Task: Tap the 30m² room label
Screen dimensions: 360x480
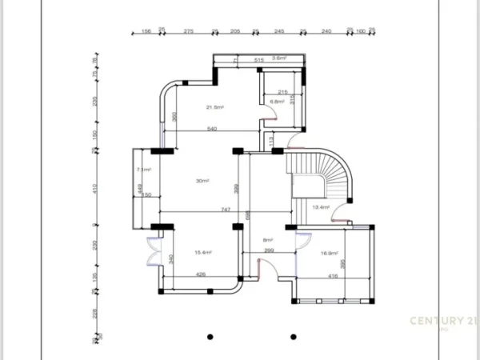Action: point(202,182)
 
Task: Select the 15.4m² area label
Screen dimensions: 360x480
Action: point(203,253)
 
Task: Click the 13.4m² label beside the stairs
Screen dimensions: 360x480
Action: point(321,207)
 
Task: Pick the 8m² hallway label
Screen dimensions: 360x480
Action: point(268,240)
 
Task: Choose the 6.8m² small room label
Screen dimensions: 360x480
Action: point(277,102)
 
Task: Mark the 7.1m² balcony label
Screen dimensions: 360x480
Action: point(144,170)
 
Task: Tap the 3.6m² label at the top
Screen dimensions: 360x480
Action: point(279,58)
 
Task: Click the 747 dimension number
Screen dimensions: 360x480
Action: point(226,209)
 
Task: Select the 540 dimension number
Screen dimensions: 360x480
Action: point(213,128)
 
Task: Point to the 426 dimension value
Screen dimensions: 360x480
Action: point(202,276)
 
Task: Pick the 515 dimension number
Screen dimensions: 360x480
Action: point(259,61)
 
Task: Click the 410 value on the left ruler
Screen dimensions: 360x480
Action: point(95,189)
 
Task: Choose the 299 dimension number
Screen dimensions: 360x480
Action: point(269,251)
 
